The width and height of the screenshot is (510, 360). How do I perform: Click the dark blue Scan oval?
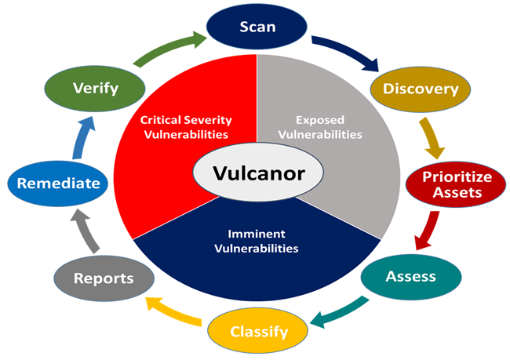[258, 26]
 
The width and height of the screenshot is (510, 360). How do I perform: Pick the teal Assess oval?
[410, 277]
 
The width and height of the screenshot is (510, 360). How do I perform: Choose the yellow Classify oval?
[258, 331]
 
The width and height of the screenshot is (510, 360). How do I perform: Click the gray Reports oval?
[103, 278]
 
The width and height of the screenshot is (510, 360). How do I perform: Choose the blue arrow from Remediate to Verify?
[77, 136]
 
